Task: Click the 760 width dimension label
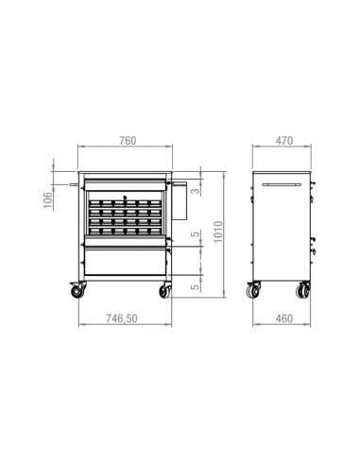(129, 141)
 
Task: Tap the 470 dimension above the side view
(284, 141)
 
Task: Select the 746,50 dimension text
(122, 319)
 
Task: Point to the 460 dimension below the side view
(284, 319)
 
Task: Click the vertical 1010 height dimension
(218, 232)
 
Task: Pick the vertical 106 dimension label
(48, 199)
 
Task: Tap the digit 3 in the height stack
(196, 191)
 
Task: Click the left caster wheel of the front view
(77, 290)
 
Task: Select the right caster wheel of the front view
(165, 290)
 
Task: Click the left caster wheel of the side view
(254, 290)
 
